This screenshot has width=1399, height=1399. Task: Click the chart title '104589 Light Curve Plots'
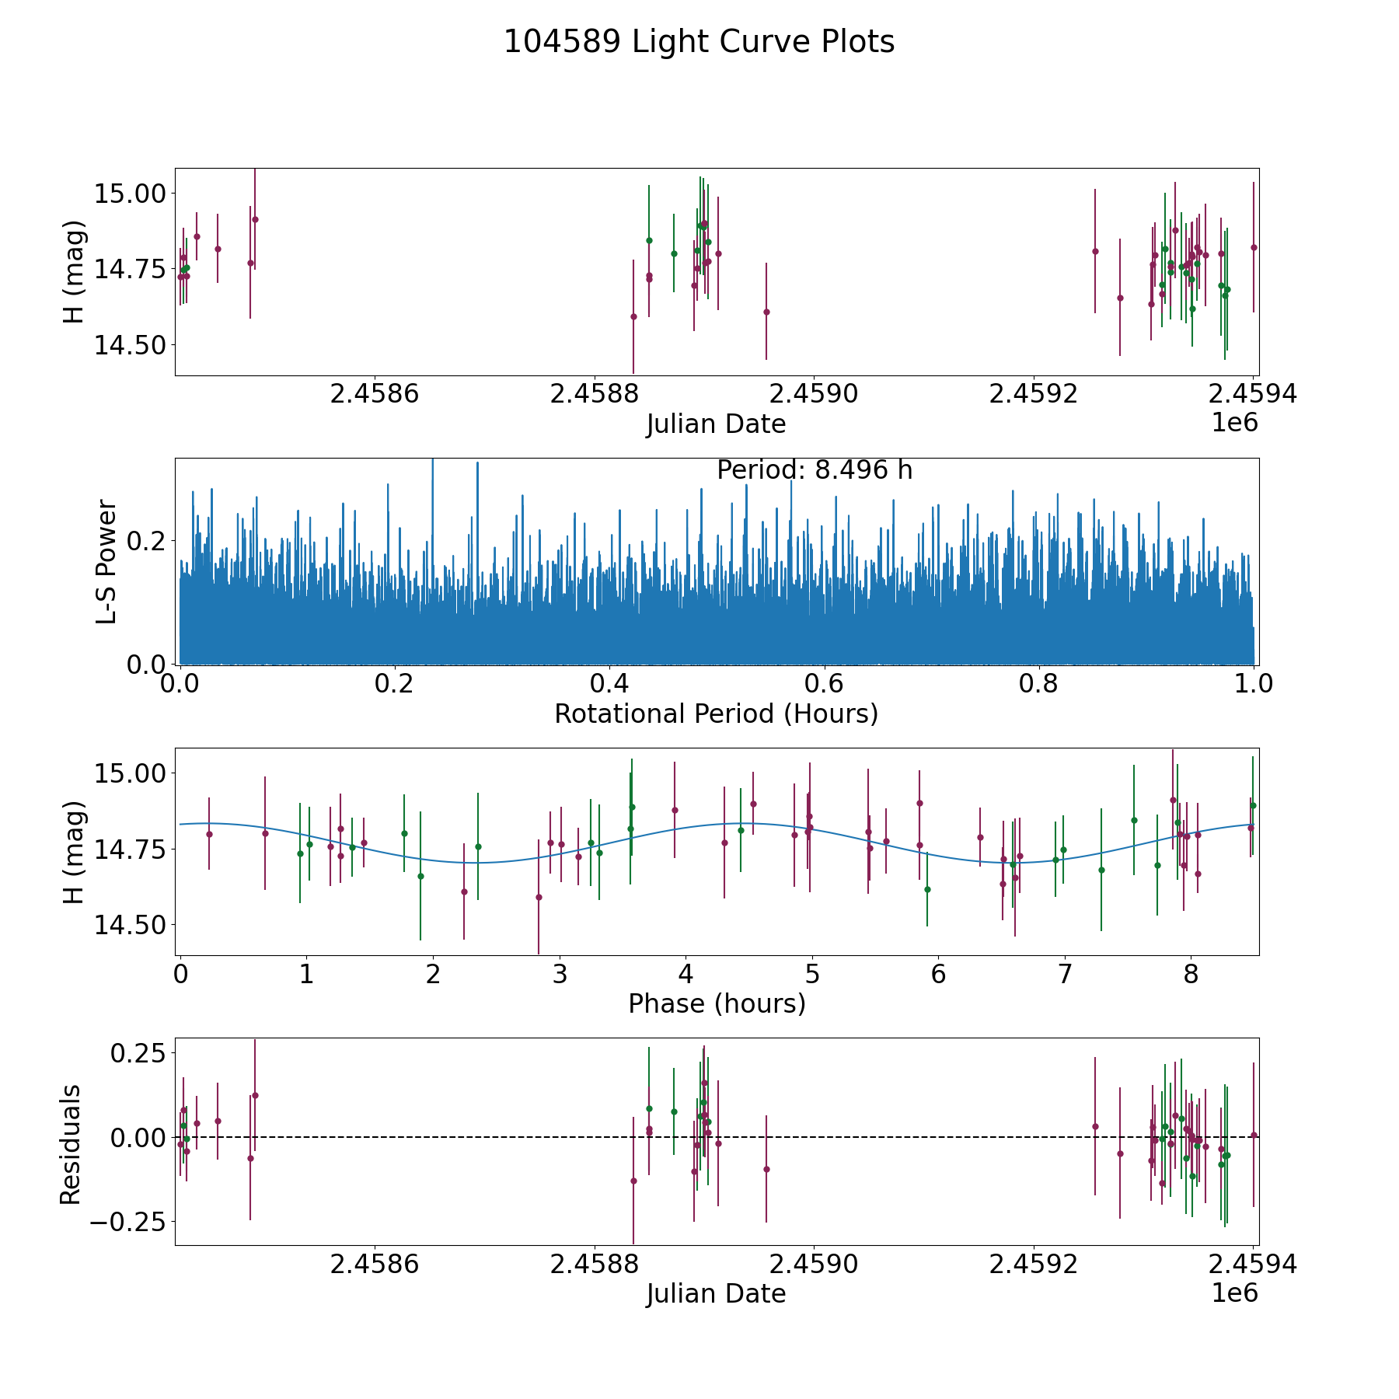coord(699,42)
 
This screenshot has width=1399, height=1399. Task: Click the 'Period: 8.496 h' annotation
coord(814,470)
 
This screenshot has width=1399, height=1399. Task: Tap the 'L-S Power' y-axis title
coord(106,561)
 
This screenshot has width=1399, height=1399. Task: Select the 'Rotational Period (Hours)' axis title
coord(716,713)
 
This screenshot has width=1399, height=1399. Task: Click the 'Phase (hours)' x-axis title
coord(716,1004)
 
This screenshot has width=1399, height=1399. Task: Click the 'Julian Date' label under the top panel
coord(716,424)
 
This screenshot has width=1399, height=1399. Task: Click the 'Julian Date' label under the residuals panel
coord(716,1294)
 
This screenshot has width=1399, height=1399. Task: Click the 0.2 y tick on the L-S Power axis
coord(145,540)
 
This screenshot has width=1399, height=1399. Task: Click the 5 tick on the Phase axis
coord(812,974)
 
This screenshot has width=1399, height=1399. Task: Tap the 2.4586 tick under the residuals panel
coord(375,1265)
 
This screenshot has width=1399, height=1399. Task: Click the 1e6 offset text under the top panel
coord(1234,423)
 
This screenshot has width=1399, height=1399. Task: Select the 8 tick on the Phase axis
coord(1191,974)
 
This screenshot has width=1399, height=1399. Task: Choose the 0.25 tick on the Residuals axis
coord(138,1054)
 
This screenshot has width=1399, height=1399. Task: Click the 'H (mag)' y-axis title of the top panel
coord(74,272)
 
